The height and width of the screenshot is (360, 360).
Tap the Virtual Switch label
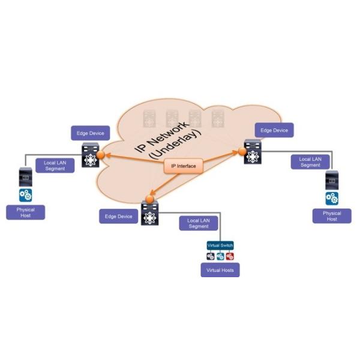click(x=220, y=245)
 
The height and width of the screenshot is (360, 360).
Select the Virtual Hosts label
click(x=220, y=271)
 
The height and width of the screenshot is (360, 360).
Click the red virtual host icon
click(x=230, y=256)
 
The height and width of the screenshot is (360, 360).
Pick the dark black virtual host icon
click(x=211, y=256)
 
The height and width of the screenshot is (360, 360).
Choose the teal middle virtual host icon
click(x=220, y=256)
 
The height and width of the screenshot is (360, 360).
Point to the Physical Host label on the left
click(x=26, y=212)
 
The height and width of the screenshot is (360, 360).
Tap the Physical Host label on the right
click(x=332, y=216)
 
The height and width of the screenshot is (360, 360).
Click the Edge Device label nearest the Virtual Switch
click(x=118, y=217)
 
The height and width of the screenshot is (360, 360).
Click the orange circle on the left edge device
click(x=101, y=155)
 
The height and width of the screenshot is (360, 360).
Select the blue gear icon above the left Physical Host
click(x=26, y=194)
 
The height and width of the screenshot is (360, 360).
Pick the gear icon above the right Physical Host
click(x=332, y=198)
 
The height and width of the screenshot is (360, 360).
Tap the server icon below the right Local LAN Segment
click(x=332, y=180)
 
